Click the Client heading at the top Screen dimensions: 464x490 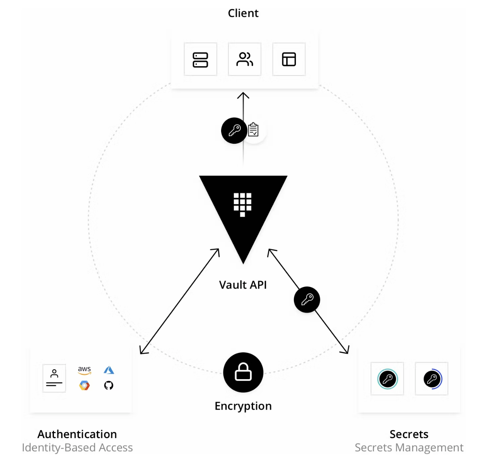pyautogui.click(x=243, y=13)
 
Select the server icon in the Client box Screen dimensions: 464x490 pyautogui.click(x=200, y=60)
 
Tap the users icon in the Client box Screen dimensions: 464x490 pyautogui.click(x=245, y=59)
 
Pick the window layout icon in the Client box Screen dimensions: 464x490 pyautogui.click(x=289, y=59)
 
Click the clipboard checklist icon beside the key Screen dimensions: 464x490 pyautogui.click(x=253, y=130)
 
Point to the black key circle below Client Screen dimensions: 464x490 pyautogui.click(x=234, y=131)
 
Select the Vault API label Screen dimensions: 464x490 pyautogui.click(x=243, y=285)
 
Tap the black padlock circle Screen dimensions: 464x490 pyautogui.click(x=243, y=372)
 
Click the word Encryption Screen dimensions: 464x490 pyautogui.click(x=243, y=406)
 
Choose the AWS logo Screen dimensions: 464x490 pyautogui.click(x=84, y=370)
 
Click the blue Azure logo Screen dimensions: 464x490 pyautogui.click(x=109, y=370)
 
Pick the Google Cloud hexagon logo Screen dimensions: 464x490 pyautogui.click(x=84, y=385)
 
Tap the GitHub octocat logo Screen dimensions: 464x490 pyautogui.click(x=109, y=385)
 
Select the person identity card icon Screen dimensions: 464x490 pyautogui.click(x=54, y=378)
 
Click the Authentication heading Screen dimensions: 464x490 pyautogui.click(x=77, y=434)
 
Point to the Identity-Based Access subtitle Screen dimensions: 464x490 pyautogui.click(x=77, y=447)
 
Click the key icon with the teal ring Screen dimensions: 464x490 pyautogui.click(x=387, y=379)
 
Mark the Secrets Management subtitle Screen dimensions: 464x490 pyautogui.click(x=409, y=447)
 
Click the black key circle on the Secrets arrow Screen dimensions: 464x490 pyautogui.click(x=307, y=299)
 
